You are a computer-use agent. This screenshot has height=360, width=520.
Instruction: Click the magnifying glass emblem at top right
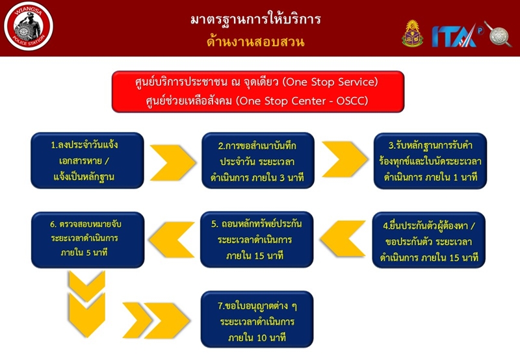498,34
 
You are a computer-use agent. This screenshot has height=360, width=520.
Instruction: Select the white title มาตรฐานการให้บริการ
255,19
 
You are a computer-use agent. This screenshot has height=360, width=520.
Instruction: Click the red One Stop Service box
257,92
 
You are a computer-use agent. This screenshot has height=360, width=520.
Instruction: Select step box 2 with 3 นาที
257,161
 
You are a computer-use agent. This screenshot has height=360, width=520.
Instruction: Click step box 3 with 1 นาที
430,161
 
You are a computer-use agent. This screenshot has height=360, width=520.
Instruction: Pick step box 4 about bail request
430,240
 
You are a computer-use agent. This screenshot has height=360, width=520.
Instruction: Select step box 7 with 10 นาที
257,320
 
